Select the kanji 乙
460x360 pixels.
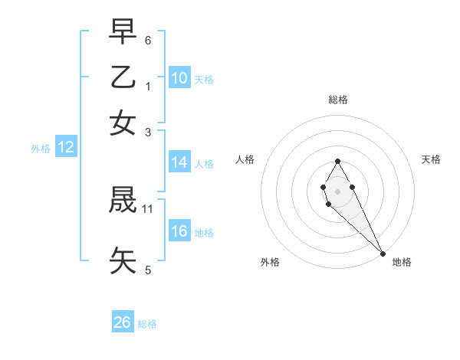pyautogui.click(x=123, y=77)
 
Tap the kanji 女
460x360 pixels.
pyautogui.click(x=123, y=123)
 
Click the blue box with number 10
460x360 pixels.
pyautogui.click(x=179, y=78)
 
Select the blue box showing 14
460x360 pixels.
pyautogui.click(x=179, y=162)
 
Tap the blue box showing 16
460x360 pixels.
pyautogui.click(x=179, y=231)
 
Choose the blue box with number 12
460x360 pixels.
pyautogui.click(x=66, y=148)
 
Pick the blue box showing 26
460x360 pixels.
pyautogui.click(x=123, y=322)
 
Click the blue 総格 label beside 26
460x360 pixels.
pyautogui.click(x=147, y=324)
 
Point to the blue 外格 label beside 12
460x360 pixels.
pyautogui.click(x=41, y=149)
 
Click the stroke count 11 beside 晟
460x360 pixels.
pyautogui.click(x=148, y=208)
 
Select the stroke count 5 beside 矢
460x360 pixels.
pyautogui.click(x=148, y=270)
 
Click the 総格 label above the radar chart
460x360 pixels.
pyautogui.click(x=337, y=100)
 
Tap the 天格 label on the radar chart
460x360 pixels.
pyautogui.click(x=431, y=159)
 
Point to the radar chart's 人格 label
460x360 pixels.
pyautogui.click(x=245, y=159)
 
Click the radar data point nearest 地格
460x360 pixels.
pyautogui.click(x=383, y=254)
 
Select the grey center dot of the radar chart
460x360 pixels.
pyautogui.click(x=337, y=190)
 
